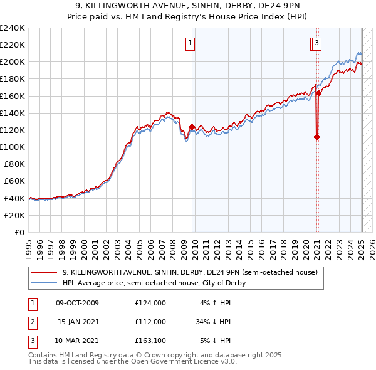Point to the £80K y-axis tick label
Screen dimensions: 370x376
[x=14, y=164]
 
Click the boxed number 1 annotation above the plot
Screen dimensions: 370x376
[x=190, y=43]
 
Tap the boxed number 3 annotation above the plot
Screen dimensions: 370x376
[x=318, y=43]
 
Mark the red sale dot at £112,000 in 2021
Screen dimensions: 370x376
[x=316, y=137]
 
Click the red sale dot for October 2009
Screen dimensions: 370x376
[x=192, y=127]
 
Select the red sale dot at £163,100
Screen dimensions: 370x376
[x=318, y=93]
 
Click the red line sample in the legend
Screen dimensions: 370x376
[x=44, y=272]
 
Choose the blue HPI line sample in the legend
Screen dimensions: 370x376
[x=44, y=283]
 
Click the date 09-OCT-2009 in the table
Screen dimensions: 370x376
[x=78, y=303]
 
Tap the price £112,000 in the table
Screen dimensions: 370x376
[x=150, y=322]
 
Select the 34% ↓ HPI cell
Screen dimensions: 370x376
[x=213, y=322]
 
